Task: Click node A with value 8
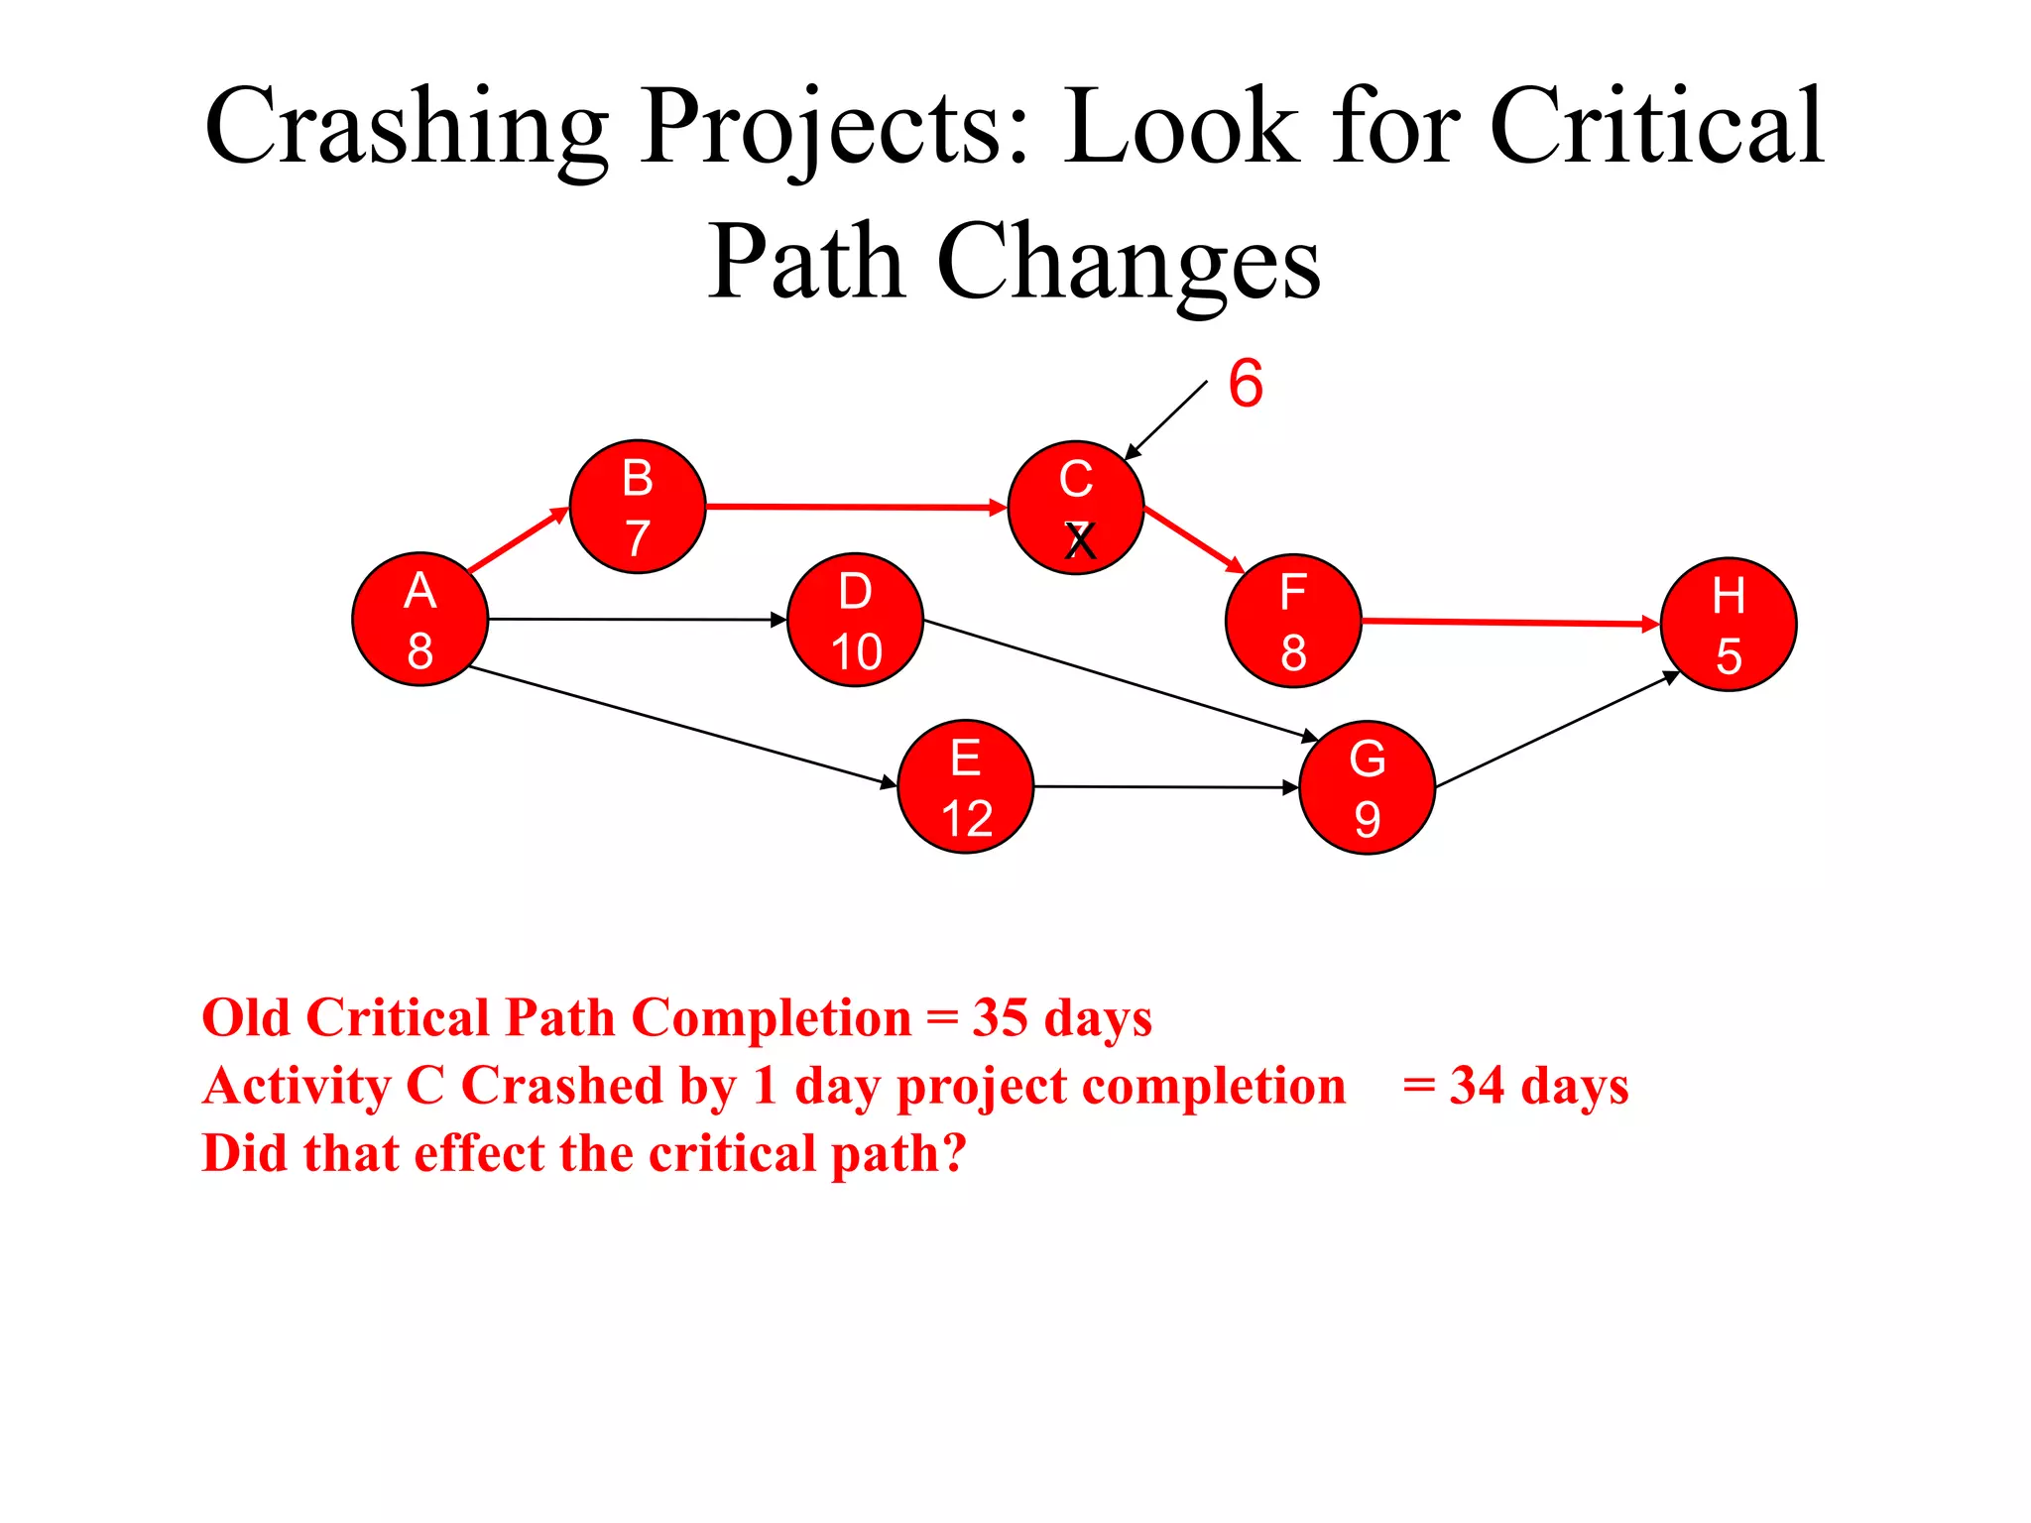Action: (420, 620)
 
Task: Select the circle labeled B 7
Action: (638, 507)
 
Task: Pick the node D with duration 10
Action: (855, 620)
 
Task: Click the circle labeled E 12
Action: (966, 786)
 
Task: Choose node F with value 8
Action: (1293, 621)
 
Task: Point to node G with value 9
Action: (1367, 787)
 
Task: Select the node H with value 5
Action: (1729, 625)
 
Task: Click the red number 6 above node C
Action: (1246, 384)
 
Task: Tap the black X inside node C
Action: (1080, 542)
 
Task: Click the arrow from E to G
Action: (1165, 787)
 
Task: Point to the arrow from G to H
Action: (1557, 730)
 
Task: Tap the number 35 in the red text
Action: (1000, 1018)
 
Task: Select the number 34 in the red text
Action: (1477, 1086)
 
